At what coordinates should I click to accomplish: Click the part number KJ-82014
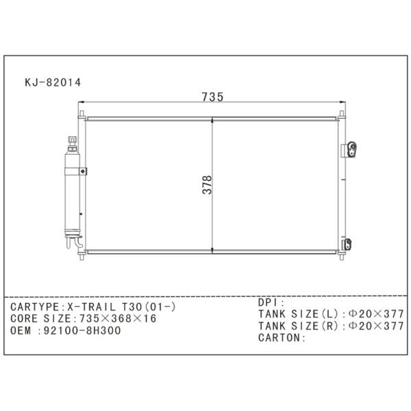53,83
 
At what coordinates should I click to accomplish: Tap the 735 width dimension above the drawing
212,97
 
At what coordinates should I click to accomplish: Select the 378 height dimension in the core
207,184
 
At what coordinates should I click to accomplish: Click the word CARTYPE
35,307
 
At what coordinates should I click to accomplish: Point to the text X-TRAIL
92,307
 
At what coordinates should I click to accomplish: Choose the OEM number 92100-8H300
82,331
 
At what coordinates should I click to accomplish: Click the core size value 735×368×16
118,319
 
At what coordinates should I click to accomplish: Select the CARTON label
279,338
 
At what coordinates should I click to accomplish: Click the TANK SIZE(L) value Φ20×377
376,314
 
